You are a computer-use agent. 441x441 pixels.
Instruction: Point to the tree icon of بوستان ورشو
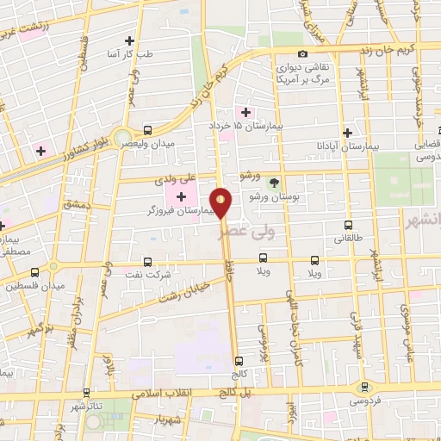(x=274, y=182)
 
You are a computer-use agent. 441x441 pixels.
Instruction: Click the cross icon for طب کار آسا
(x=129, y=40)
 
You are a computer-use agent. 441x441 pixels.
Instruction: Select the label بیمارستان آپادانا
(x=348, y=147)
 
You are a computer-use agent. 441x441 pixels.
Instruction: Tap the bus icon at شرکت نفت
(x=147, y=262)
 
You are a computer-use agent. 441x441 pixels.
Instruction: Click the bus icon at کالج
(x=238, y=362)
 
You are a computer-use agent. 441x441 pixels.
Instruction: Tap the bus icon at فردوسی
(x=365, y=388)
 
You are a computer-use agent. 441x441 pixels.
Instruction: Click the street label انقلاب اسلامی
(x=164, y=392)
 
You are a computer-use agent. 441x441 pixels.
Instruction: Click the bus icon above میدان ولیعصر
(x=147, y=130)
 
